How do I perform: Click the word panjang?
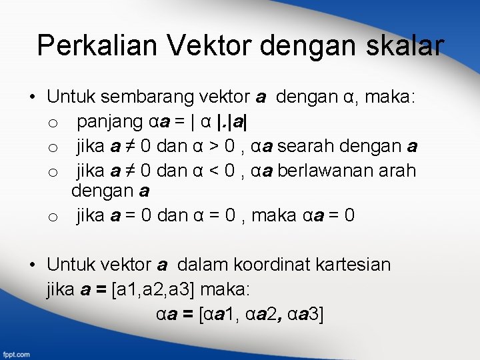click(111, 123)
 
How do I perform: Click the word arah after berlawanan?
click(398, 171)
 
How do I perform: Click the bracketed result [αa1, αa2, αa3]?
click(261, 314)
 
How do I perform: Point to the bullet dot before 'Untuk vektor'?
click(33, 265)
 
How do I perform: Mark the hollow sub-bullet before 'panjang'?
click(53, 124)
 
